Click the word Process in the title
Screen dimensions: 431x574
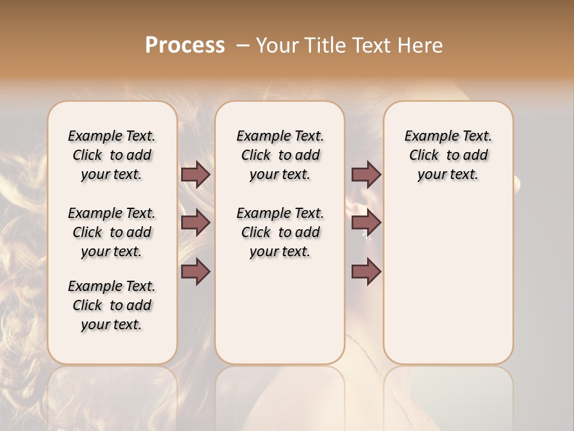tap(185, 45)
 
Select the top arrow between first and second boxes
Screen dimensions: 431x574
tap(196, 174)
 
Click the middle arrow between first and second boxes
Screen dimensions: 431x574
tap(196, 223)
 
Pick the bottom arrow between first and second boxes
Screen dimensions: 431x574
tap(196, 272)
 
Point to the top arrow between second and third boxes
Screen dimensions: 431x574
tap(366, 174)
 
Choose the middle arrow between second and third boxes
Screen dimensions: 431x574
tap(366, 223)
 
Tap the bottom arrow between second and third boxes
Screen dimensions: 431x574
tap(366, 272)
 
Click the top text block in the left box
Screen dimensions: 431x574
tap(112, 155)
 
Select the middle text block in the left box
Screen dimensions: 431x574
tap(112, 232)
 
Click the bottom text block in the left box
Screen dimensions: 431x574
tap(112, 305)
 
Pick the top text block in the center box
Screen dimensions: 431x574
tap(280, 155)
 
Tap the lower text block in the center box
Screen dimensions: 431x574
tap(280, 232)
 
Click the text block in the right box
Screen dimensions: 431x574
tap(448, 155)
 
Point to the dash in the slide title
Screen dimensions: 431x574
tap(243, 45)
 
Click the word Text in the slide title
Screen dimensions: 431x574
tap(372, 45)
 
